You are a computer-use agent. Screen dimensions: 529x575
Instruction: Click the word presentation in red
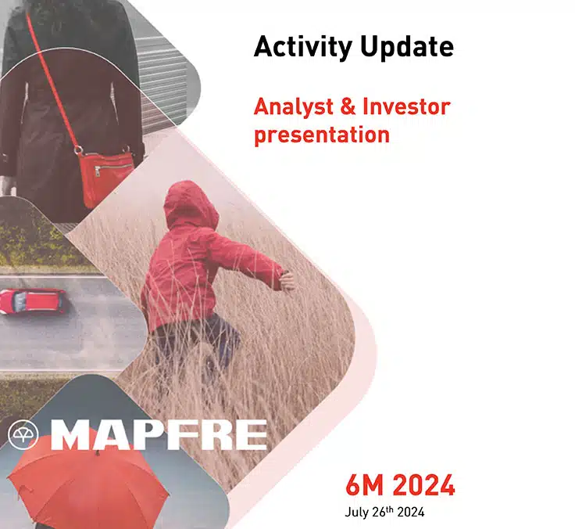click(321, 134)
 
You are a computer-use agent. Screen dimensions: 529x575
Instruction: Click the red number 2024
click(423, 486)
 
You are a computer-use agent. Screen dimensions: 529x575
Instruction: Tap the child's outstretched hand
click(287, 280)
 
